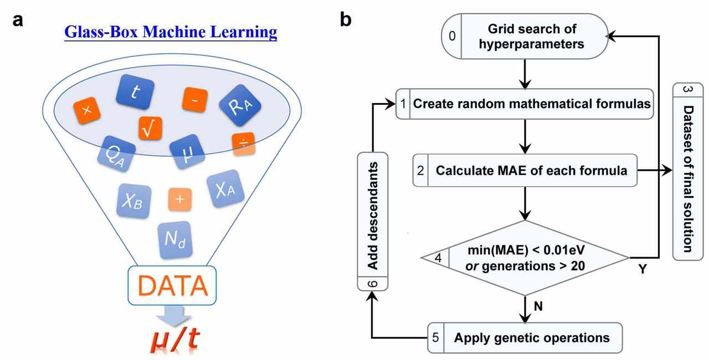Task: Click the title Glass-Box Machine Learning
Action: pos(171,32)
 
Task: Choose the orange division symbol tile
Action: pos(244,142)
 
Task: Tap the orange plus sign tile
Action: pos(180,198)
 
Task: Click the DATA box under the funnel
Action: pos(171,285)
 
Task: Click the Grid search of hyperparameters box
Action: pos(523,36)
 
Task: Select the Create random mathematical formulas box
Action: pos(524,104)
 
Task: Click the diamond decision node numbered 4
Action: pos(525,258)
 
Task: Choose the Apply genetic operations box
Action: pos(525,337)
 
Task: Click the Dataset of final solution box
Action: pos(687,171)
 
